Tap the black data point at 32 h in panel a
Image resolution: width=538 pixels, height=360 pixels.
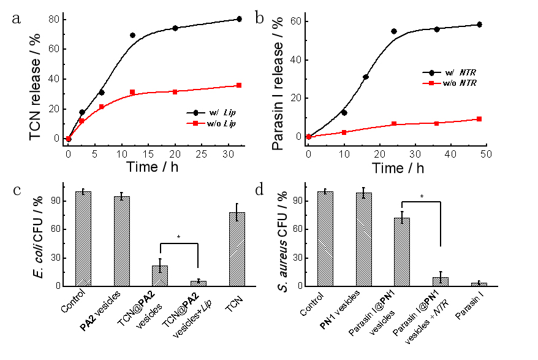pos(239,19)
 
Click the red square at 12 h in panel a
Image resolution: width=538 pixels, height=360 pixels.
pos(132,92)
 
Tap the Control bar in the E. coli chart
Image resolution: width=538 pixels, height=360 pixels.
pos(83,239)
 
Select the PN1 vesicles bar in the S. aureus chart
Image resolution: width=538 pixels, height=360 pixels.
pos(363,239)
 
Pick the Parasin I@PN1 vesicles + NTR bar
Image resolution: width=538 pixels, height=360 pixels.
pos(441,281)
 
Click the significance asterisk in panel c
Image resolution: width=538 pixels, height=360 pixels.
pos(179,237)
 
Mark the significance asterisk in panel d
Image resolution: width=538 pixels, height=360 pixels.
pos(422,197)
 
